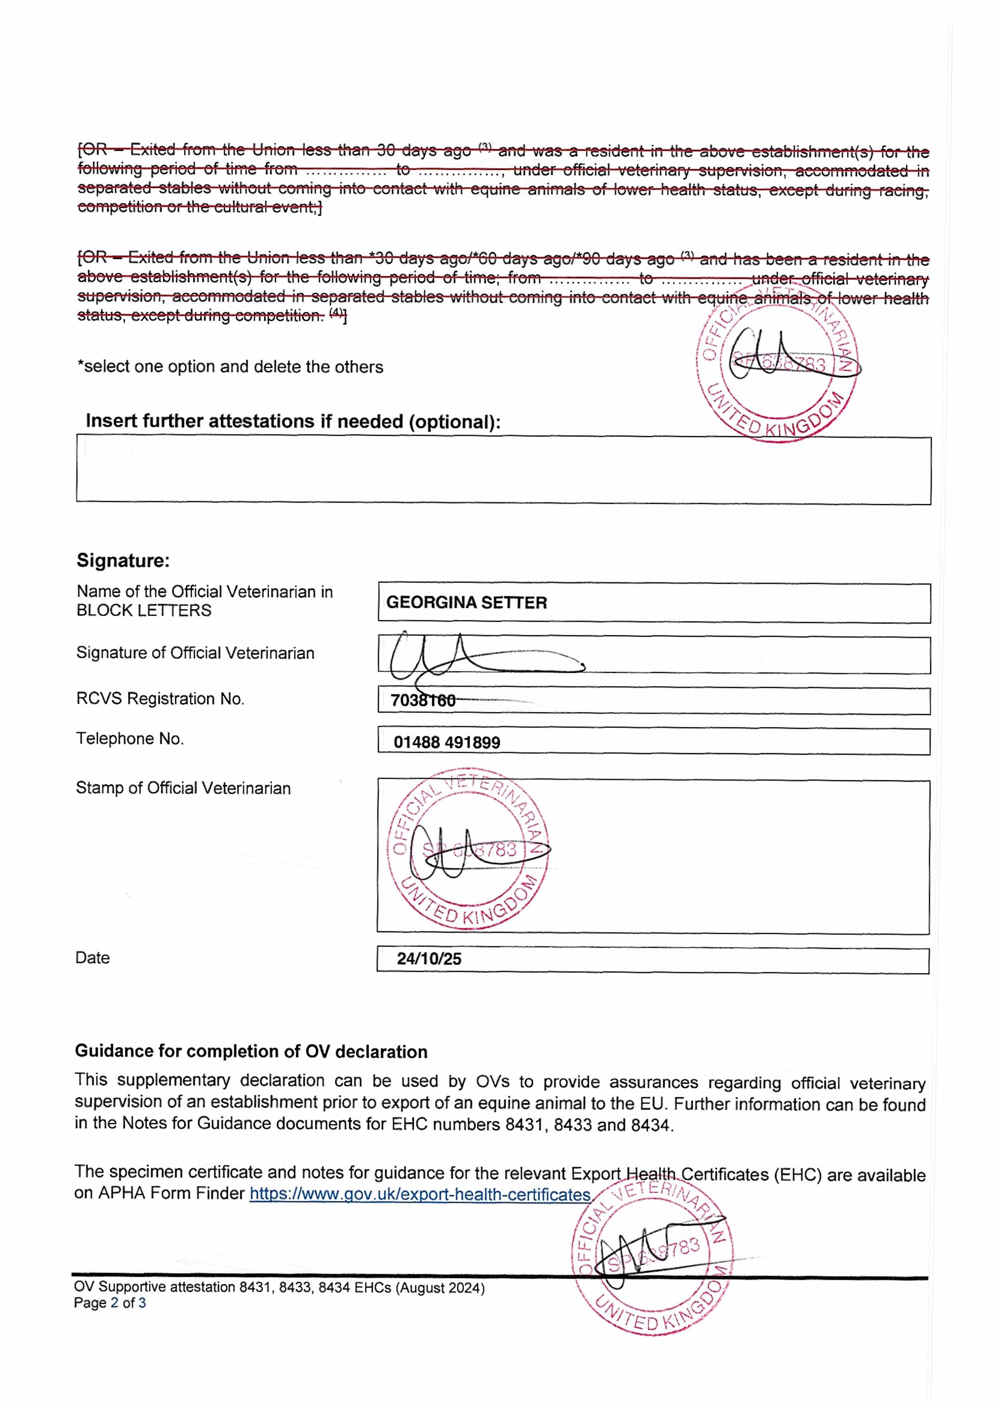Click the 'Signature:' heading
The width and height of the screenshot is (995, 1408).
click(123, 560)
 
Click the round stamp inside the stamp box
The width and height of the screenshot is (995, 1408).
click(468, 849)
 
